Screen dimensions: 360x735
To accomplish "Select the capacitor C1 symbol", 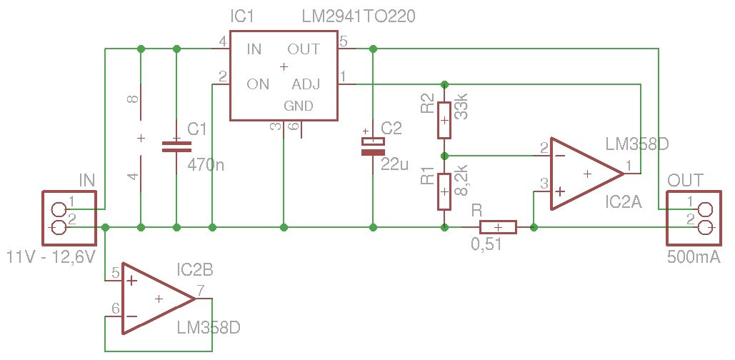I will tap(176, 146).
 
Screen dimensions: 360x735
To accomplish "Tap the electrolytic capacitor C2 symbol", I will tap(372, 146).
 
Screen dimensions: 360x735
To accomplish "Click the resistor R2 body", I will tap(444, 120).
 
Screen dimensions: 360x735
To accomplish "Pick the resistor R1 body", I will tap(444, 191).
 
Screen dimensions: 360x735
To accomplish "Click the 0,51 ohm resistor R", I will tap(498, 227).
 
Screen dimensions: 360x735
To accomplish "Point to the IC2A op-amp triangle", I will tap(584, 174).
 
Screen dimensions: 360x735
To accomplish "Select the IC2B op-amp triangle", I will tap(156, 298).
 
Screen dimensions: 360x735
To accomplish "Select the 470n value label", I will tap(206, 165).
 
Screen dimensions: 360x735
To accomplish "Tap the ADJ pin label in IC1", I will tap(306, 84).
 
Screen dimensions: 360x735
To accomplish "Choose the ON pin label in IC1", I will tap(257, 84).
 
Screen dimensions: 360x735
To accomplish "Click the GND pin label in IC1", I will tap(299, 106).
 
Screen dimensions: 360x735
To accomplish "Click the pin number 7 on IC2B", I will tap(201, 291).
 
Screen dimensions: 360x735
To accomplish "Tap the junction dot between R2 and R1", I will tap(444, 155).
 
